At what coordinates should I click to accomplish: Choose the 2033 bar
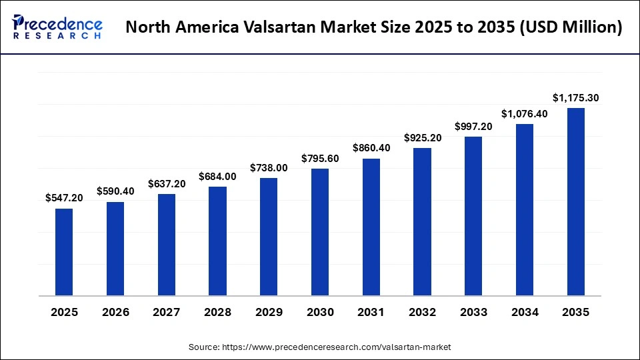473,216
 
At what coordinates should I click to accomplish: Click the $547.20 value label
64,198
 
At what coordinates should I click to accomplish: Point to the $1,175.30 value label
576,98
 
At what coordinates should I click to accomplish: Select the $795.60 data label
320,158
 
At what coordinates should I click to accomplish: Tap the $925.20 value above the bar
422,138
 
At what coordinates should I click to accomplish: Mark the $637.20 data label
167,183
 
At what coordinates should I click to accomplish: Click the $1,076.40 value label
525,114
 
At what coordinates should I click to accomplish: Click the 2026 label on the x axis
115,313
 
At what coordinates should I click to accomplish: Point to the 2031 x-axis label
371,313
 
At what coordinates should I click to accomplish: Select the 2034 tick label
525,313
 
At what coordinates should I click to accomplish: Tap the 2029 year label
269,313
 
